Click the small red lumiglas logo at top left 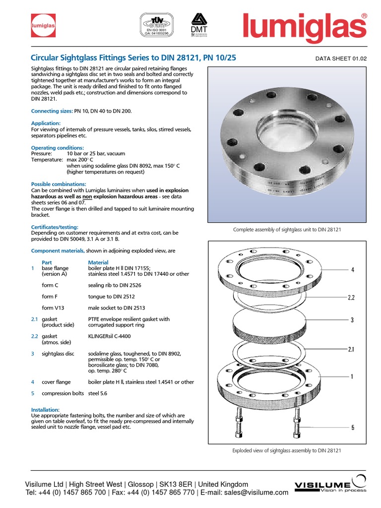click(x=43, y=24)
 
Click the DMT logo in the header click(x=197, y=24)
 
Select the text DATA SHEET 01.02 click(x=340, y=59)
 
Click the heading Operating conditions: click(x=58, y=148)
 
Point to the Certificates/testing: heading click(x=55, y=227)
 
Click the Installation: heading click(x=45, y=410)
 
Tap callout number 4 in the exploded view click(x=353, y=270)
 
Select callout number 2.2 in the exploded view click(x=352, y=298)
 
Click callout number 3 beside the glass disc click(x=352, y=320)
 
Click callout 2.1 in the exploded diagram click(x=352, y=349)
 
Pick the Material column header click(x=98, y=262)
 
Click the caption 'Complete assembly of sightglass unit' click(x=286, y=230)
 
